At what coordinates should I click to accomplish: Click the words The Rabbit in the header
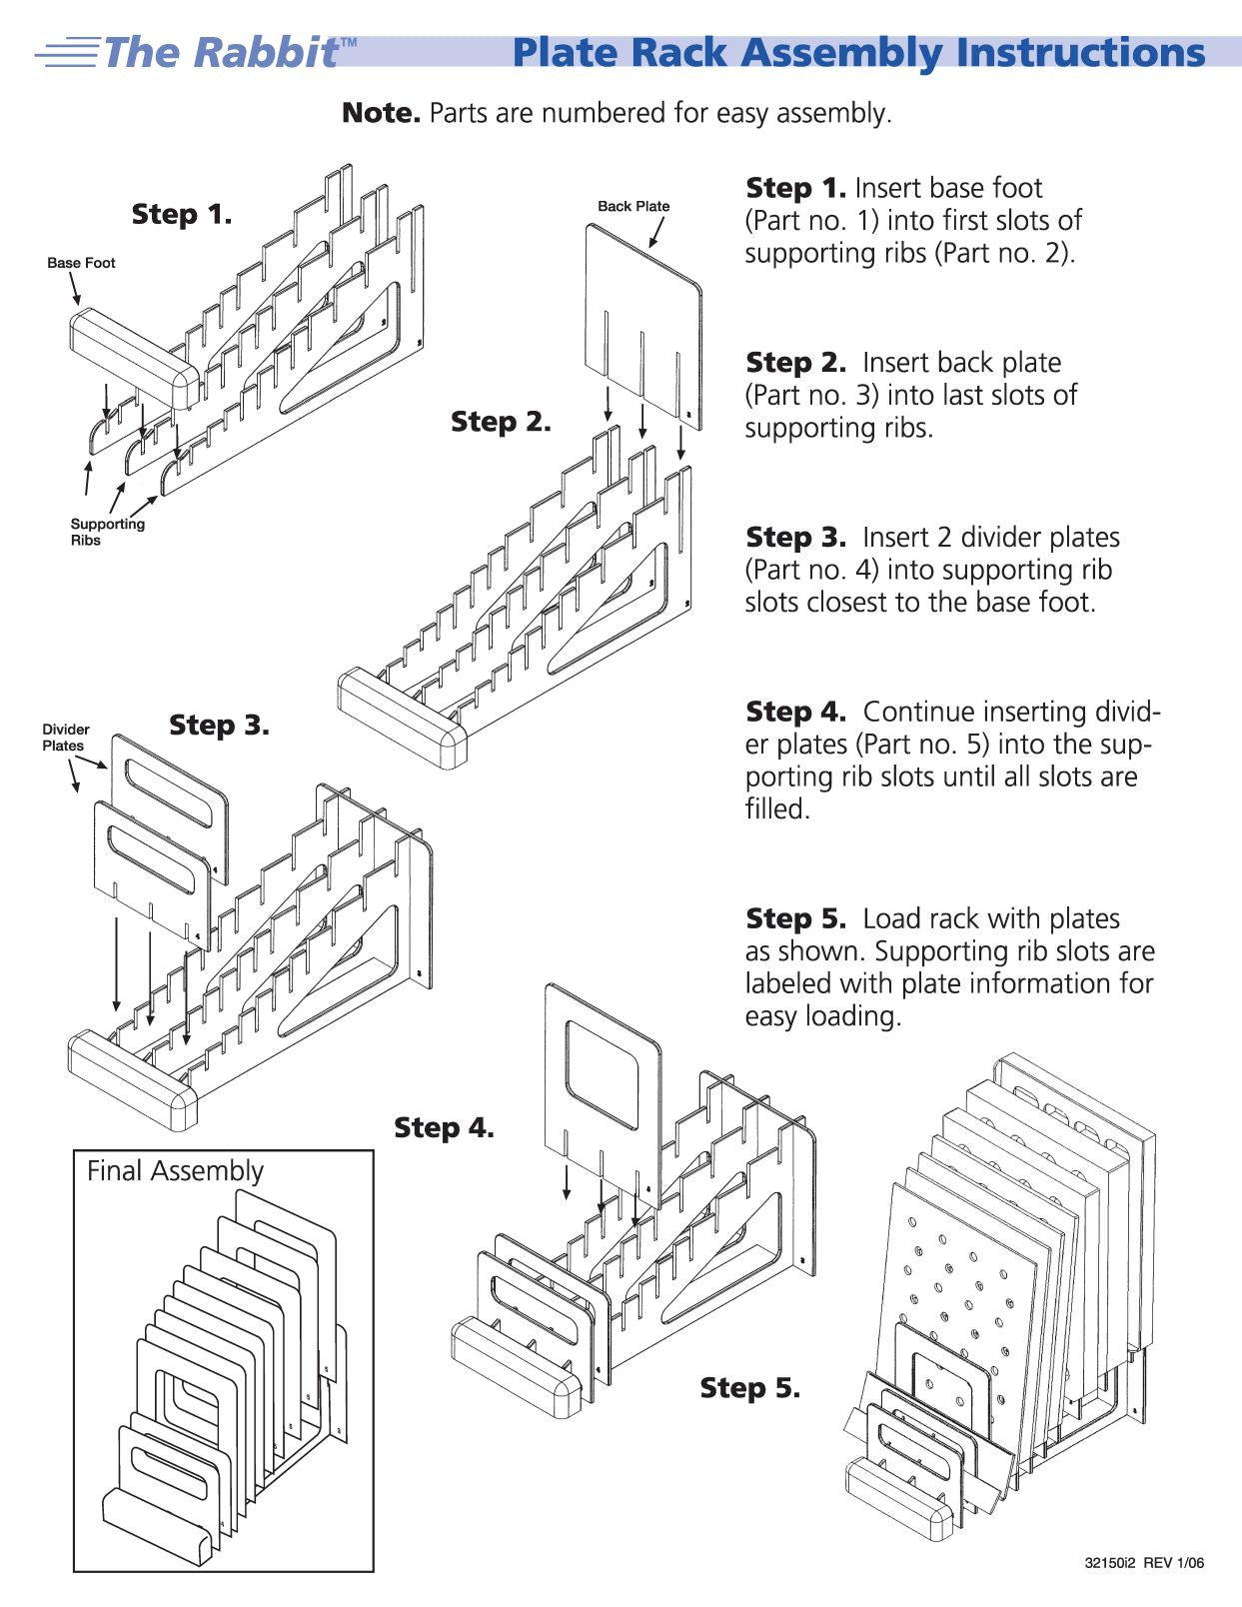point(221,53)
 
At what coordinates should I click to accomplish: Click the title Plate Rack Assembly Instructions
point(859,53)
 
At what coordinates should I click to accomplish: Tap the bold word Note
point(381,113)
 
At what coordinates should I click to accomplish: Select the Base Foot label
point(81,263)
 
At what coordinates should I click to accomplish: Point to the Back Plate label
point(633,206)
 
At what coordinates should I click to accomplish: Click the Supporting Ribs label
point(107,532)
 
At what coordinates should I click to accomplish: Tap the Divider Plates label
point(66,738)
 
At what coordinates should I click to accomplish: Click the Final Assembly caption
point(175,1170)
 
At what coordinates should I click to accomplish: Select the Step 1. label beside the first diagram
point(182,215)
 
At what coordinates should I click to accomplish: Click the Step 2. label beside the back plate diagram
point(502,422)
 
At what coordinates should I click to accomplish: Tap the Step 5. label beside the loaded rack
point(750,1388)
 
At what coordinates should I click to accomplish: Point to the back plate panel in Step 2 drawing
point(643,326)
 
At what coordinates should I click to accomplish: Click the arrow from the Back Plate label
point(655,232)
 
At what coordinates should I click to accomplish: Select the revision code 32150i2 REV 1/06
point(1144,1563)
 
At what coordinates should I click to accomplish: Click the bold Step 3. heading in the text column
point(795,537)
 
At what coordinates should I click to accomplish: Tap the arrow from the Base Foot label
point(75,289)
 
